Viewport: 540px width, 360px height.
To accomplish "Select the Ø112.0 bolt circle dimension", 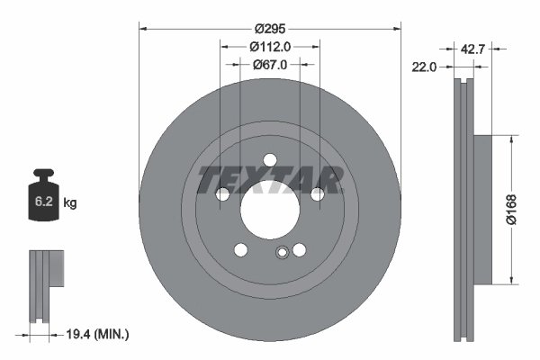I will (269, 46).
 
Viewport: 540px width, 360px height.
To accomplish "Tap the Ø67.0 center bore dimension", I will (269, 64).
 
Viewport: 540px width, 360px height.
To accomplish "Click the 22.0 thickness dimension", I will (425, 67).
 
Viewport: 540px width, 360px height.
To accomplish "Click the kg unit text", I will (70, 203).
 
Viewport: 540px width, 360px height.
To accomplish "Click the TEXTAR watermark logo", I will (270, 178).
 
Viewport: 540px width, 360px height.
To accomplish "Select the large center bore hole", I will (269, 207).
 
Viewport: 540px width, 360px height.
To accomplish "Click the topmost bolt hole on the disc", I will (269, 160).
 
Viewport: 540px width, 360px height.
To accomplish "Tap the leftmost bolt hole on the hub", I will (223, 193).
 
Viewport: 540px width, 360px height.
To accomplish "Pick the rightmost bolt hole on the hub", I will (317, 193).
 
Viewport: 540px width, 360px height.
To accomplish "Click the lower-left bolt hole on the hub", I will (240, 249).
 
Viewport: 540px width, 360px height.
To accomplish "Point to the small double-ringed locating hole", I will (283, 254).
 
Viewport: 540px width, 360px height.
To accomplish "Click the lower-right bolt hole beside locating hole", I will (299, 249).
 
